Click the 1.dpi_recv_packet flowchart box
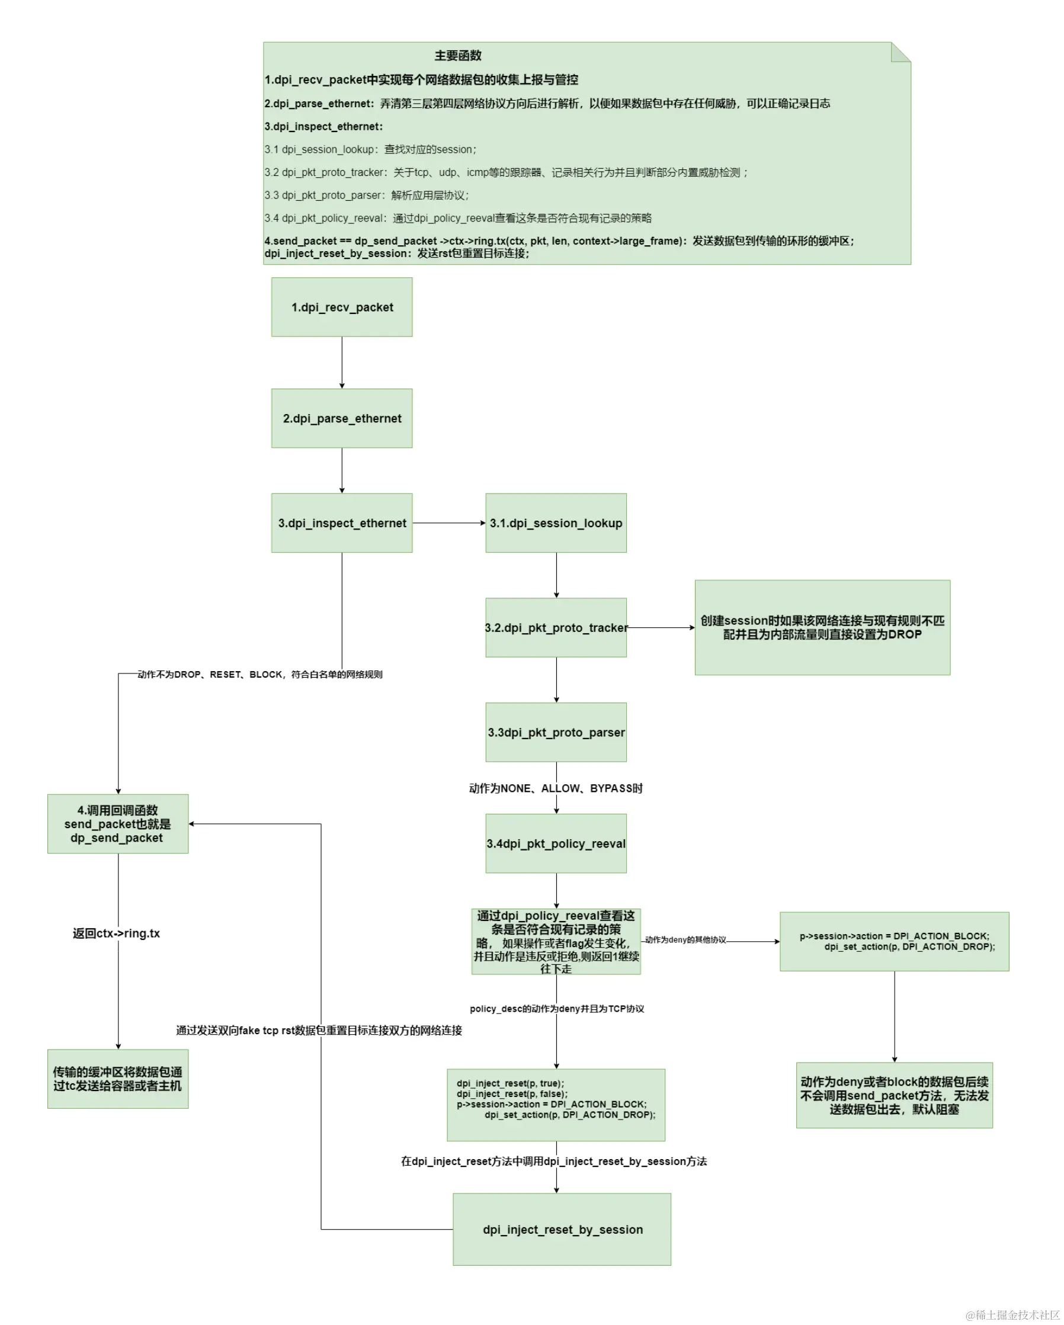342,307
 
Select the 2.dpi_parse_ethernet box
342,418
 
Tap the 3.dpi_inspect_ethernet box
342,522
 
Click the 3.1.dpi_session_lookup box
556,522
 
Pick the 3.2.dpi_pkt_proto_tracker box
556,627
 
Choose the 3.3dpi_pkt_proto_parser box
556,732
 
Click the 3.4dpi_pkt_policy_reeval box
556,843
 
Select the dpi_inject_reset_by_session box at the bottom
562,1229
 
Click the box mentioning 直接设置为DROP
822,627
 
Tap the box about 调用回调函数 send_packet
117,823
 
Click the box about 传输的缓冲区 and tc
117,1079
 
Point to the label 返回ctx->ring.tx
116,933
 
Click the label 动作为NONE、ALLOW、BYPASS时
556,788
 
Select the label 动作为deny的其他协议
685,939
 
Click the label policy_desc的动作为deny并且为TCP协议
556,1009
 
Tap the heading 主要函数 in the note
457,56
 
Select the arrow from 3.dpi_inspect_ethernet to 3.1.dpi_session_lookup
448,522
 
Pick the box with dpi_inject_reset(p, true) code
556,1105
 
